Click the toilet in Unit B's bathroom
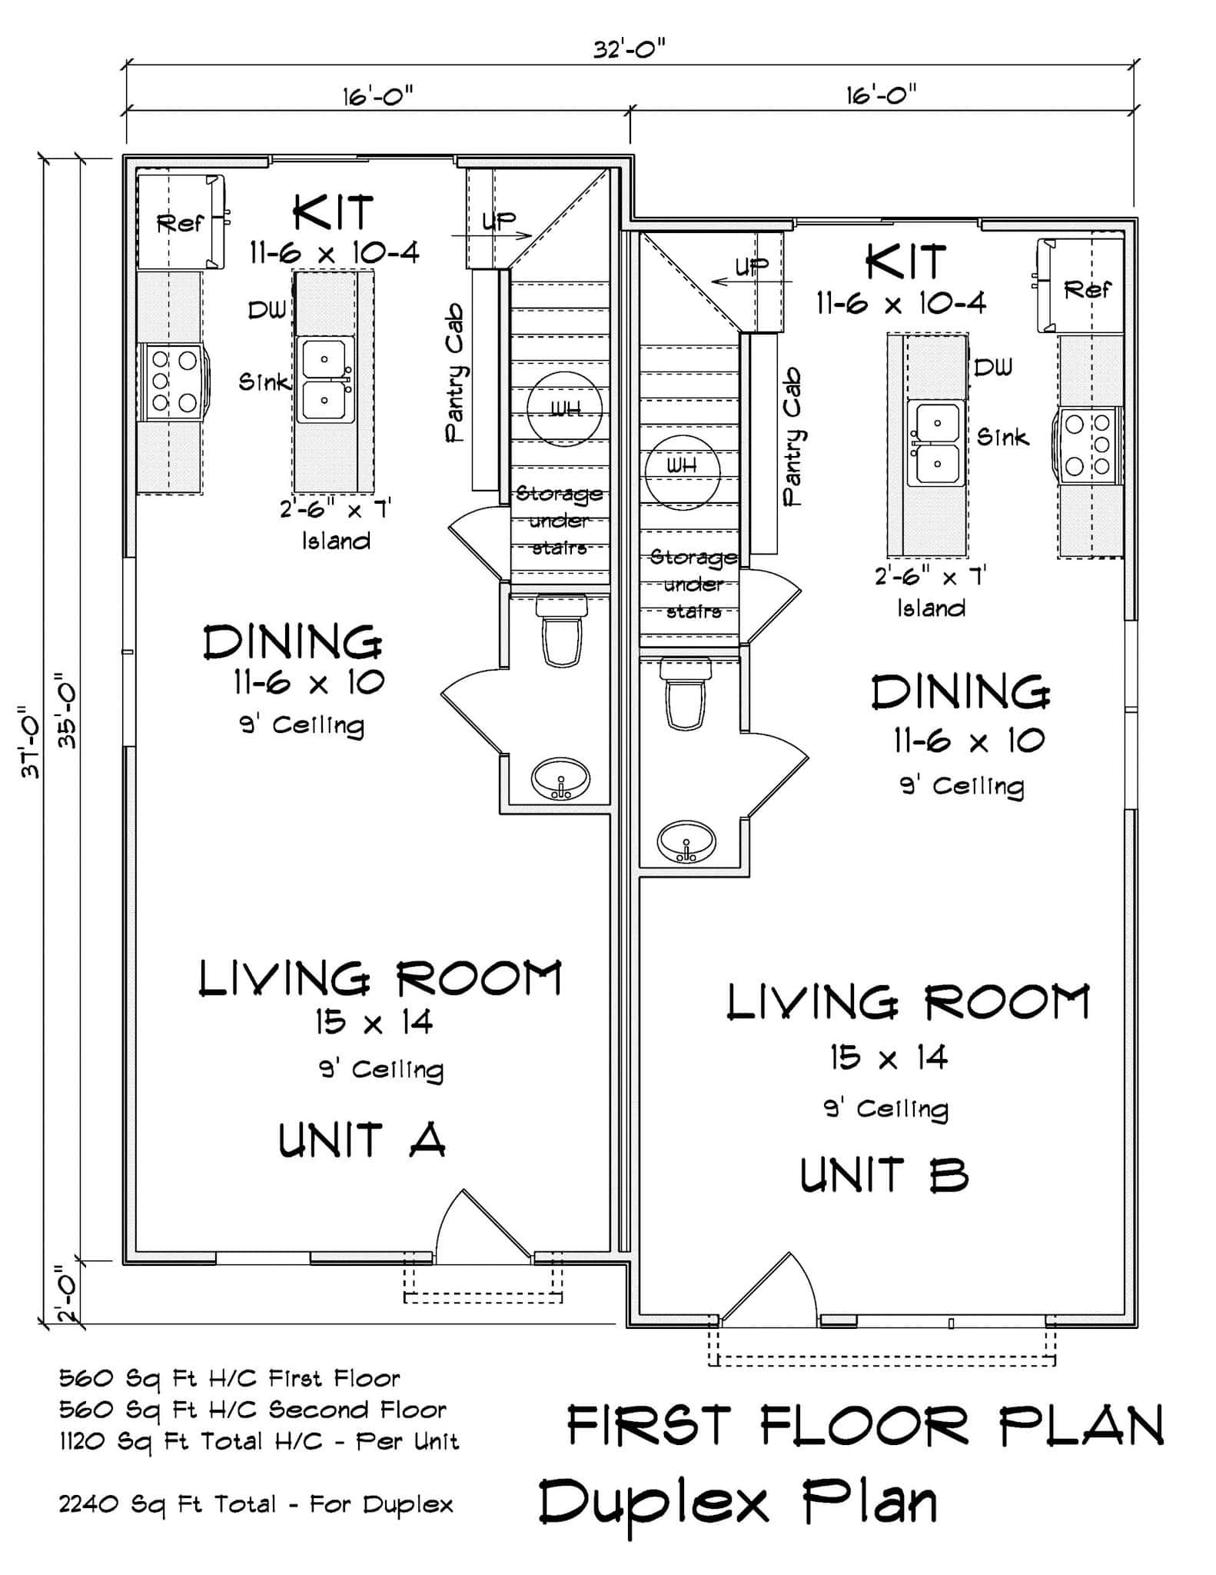click(686, 694)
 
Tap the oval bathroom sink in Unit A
click(561, 780)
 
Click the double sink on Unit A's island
click(327, 379)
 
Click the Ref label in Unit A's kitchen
click(180, 224)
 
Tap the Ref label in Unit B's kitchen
click(1087, 290)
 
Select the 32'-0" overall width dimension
click(629, 49)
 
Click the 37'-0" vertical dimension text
click(32, 742)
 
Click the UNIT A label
click(362, 1140)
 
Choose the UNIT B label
click(884, 1176)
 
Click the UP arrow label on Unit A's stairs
click(499, 221)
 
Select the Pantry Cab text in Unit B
click(793, 436)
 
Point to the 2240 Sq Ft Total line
click(256, 1504)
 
